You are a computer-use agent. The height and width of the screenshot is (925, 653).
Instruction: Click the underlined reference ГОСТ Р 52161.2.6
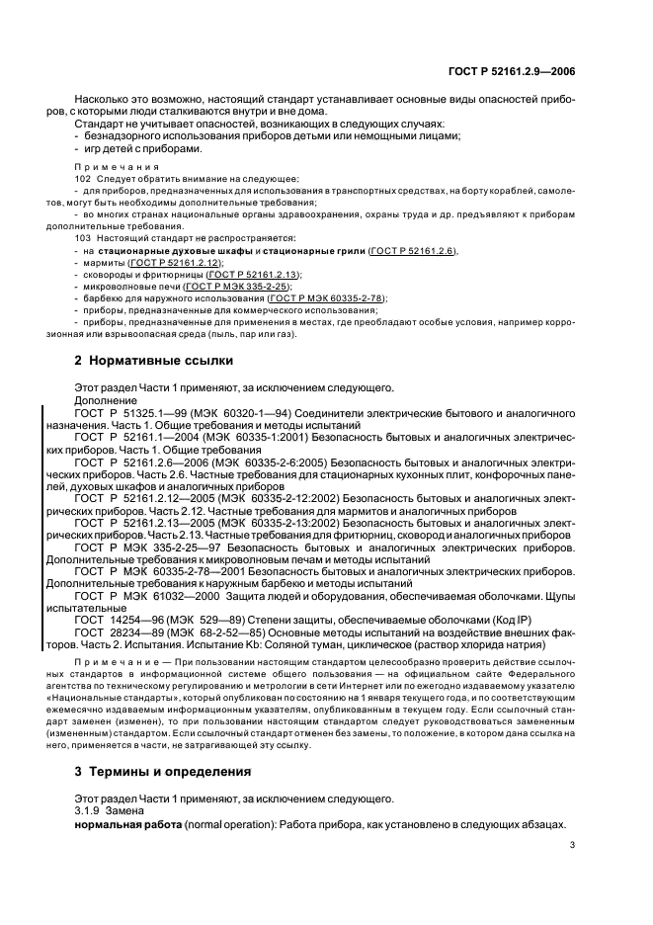pyautogui.click(x=413, y=252)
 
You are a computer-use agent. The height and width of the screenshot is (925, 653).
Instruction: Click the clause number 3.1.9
pyautogui.click(x=88, y=810)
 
